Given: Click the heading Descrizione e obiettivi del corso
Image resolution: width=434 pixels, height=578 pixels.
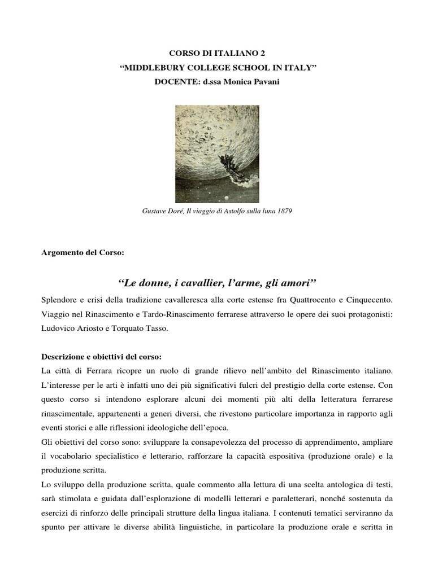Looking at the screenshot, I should (101, 357).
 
